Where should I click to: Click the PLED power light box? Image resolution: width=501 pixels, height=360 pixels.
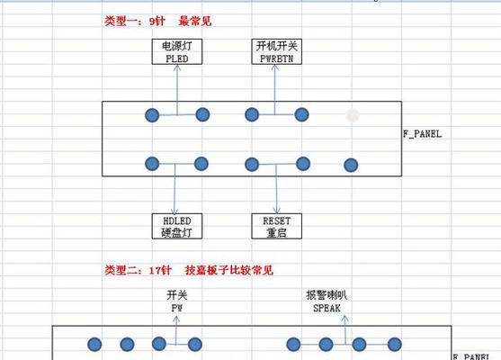click(x=177, y=52)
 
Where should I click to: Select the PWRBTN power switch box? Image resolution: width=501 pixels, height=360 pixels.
click(x=277, y=52)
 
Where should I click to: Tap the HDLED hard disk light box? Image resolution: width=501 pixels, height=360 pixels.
click(x=177, y=226)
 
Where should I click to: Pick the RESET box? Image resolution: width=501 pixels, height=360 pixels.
click(x=277, y=226)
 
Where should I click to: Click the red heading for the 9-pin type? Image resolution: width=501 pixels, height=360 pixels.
click(x=157, y=21)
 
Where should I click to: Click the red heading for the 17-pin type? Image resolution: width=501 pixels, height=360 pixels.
click(x=189, y=270)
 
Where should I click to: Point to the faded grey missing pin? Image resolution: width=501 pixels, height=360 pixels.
click(x=353, y=115)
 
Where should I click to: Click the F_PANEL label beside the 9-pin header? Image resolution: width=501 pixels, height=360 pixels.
click(x=423, y=133)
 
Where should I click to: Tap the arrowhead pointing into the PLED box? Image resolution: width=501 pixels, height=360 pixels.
click(x=177, y=67)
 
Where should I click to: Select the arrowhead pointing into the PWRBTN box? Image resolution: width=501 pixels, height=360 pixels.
click(x=274, y=67)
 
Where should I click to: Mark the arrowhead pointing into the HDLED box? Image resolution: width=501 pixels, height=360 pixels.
click(x=174, y=211)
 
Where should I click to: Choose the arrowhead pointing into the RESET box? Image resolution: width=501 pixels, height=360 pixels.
click(x=277, y=211)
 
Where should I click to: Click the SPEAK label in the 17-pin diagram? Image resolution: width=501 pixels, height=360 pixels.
click(x=327, y=308)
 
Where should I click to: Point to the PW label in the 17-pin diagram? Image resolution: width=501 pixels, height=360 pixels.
click(x=177, y=308)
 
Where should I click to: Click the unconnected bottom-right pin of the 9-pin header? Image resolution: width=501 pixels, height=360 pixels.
click(x=351, y=166)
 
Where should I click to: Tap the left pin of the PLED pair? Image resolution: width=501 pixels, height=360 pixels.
click(x=152, y=115)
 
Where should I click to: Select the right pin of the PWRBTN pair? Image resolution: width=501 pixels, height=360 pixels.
click(x=301, y=114)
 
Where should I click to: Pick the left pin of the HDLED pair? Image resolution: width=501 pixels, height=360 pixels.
click(x=152, y=164)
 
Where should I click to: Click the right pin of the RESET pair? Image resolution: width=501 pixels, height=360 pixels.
click(x=303, y=164)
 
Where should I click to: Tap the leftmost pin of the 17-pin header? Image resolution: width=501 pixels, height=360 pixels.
click(x=94, y=345)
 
